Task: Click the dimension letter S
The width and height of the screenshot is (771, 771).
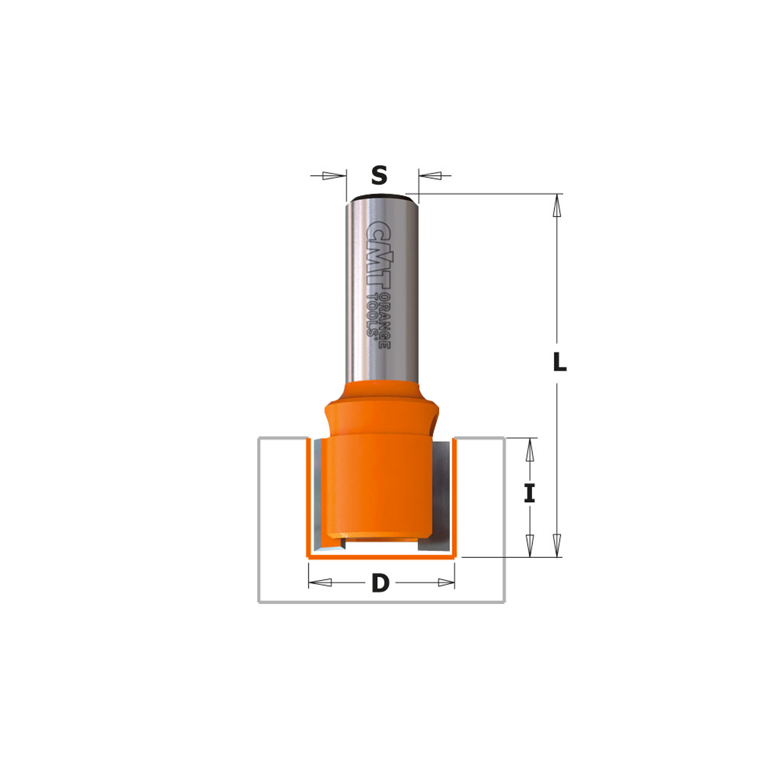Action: [x=379, y=176]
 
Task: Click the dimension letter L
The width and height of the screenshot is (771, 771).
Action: [x=560, y=362]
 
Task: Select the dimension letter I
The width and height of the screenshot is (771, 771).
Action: [x=529, y=493]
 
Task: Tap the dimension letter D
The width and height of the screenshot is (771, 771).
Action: [x=380, y=583]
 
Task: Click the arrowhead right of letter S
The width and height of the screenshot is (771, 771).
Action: [x=430, y=176]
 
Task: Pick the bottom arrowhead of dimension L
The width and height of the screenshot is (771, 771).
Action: [x=557, y=545]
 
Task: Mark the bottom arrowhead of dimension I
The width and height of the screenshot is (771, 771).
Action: [x=530, y=545]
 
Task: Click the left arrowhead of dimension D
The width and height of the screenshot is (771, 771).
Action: [x=321, y=583]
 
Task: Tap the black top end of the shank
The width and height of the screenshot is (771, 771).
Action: [x=379, y=197]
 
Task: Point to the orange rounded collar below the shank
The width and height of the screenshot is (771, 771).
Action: [x=381, y=410]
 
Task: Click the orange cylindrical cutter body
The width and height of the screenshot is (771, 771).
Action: [x=380, y=485]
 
